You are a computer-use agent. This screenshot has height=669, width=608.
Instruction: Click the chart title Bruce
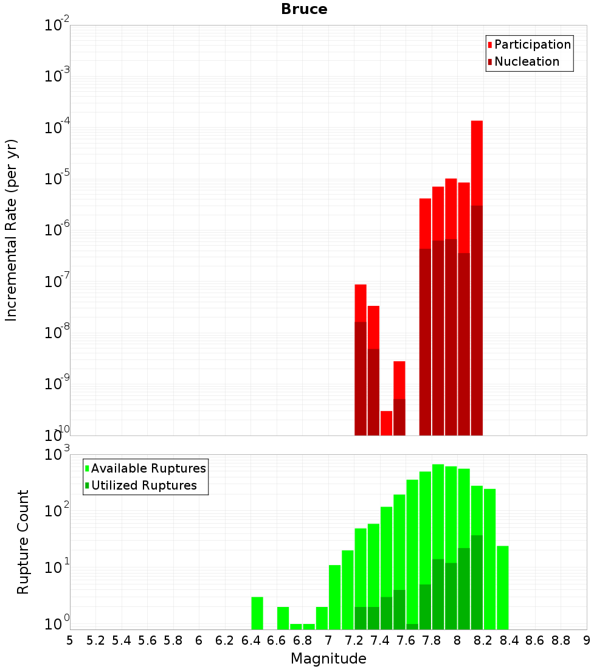tap(304, 10)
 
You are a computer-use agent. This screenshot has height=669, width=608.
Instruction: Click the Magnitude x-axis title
tap(328, 659)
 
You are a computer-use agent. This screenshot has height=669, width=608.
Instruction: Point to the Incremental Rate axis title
tap(12, 230)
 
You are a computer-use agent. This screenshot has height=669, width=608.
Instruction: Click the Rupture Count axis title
tap(23, 542)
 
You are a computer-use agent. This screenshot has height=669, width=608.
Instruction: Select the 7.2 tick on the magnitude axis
tap(354, 640)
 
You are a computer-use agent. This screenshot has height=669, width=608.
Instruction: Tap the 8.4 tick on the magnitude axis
tap(509, 640)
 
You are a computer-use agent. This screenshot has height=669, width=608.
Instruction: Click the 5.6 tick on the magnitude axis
tap(147, 640)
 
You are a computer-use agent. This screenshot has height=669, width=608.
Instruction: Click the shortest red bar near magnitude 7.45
tap(386, 423)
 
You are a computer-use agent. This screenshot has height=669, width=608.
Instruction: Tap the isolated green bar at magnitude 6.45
tap(257, 613)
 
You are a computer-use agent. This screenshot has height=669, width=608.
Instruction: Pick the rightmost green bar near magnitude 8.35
tap(503, 587)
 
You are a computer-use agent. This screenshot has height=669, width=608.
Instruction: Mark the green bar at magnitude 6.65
tap(283, 618)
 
